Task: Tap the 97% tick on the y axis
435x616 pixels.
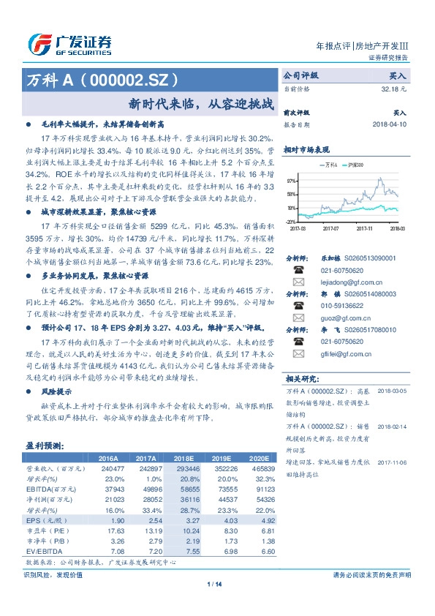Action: [291, 180]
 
